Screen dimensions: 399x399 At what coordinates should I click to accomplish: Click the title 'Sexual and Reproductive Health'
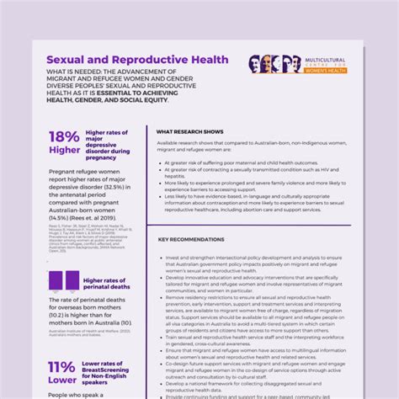136,61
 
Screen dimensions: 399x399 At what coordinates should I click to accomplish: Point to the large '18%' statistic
64,137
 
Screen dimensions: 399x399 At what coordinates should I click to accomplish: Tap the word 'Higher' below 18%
65,151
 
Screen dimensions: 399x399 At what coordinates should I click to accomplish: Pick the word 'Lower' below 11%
62,380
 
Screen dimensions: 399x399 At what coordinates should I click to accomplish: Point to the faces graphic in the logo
274,64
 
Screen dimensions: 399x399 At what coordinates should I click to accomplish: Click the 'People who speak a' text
76,394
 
